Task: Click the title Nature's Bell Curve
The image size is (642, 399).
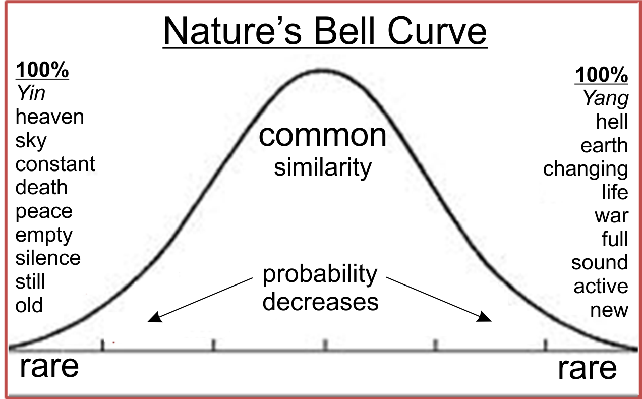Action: [x=325, y=31]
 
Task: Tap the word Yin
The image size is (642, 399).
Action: [x=31, y=93]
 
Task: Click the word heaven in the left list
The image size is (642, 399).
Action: [x=49, y=117]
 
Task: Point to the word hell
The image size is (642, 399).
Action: [x=612, y=122]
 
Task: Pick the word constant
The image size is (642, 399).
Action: [x=55, y=164]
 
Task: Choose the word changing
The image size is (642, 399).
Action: [x=586, y=169]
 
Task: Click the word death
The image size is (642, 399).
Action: [x=41, y=187]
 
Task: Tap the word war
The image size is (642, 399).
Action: [x=612, y=216]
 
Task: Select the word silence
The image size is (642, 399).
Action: [x=48, y=258]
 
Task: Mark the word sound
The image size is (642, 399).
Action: [x=600, y=262]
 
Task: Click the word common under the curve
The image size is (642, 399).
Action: [x=322, y=136]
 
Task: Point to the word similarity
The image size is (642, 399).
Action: [x=323, y=167]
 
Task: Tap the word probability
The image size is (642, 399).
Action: [x=320, y=274]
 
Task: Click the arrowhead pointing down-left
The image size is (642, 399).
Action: [x=154, y=318]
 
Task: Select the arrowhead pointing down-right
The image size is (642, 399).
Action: [x=484, y=317]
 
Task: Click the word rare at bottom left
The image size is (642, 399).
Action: [x=49, y=367]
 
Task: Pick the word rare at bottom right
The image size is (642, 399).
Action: [x=587, y=369]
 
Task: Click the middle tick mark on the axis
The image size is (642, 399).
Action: [x=325, y=345]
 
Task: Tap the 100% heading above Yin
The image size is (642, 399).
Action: [x=42, y=70]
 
